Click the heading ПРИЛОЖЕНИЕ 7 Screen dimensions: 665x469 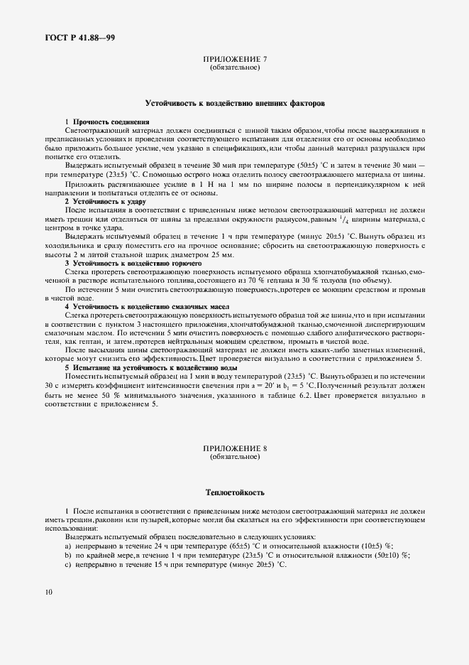tap(235, 60)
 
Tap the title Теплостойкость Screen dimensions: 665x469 tap(235, 491)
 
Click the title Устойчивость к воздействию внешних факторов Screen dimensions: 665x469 tap(235, 103)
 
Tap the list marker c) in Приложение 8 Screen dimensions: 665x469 tap(68, 563)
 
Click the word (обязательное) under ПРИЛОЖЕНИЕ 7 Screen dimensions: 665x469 tap(235, 68)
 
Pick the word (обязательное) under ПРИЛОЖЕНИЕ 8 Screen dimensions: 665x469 tap(235, 458)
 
